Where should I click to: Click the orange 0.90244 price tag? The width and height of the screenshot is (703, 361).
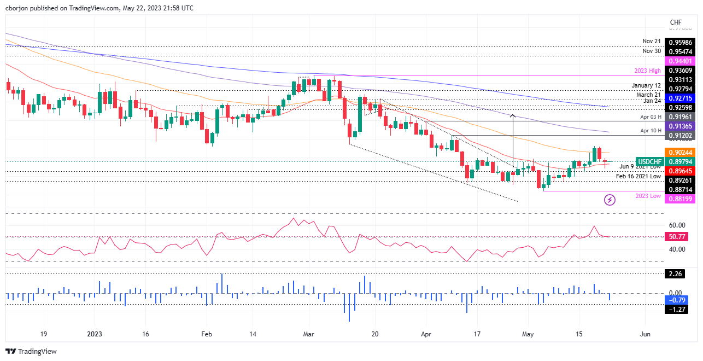tap(679, 153)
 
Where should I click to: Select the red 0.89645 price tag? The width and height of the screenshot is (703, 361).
tap(679, 171)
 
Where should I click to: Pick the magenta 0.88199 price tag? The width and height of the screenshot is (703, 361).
tap(679, 199)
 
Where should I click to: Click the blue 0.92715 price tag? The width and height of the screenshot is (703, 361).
tap(679, 97)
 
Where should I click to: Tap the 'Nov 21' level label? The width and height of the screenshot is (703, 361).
tap(652, 42)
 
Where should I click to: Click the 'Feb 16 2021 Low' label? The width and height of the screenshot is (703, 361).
tap(638, 176)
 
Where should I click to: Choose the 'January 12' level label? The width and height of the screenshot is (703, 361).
tap(646, 86)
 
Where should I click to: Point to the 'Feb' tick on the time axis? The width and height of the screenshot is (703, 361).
tap(206, 334)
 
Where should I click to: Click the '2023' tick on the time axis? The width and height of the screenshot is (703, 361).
tap(95, 334)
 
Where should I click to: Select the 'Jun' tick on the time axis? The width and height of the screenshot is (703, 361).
tap(645, 334)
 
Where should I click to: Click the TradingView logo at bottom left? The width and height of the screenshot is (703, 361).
tap(31, 351)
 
